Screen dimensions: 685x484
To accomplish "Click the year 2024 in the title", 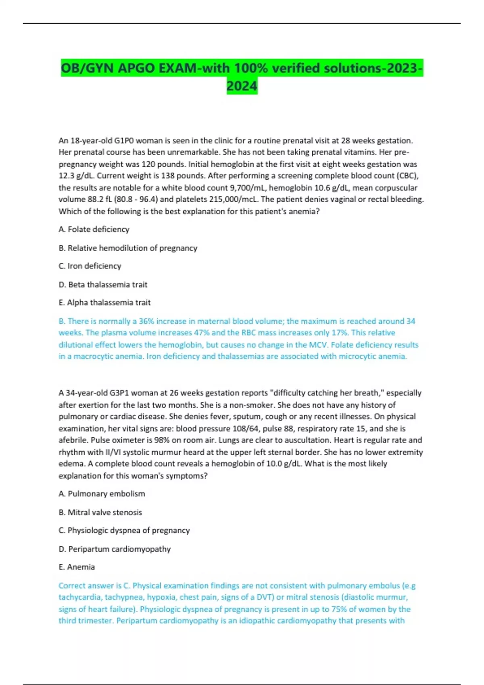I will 242,86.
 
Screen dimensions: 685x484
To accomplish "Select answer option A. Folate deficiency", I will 94,229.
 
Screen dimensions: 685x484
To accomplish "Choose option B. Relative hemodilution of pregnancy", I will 128,248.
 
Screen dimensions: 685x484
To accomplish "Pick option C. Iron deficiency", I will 90,266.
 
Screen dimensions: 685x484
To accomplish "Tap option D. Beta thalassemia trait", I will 103,284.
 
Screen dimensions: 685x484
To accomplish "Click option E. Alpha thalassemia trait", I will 104,303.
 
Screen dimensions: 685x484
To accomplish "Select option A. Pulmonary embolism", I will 102,494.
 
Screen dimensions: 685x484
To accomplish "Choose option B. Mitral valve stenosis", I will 100,512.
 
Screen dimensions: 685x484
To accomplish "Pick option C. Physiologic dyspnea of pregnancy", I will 124,530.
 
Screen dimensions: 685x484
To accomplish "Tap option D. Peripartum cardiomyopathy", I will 115,549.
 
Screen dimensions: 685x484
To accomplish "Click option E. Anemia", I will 77,567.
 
